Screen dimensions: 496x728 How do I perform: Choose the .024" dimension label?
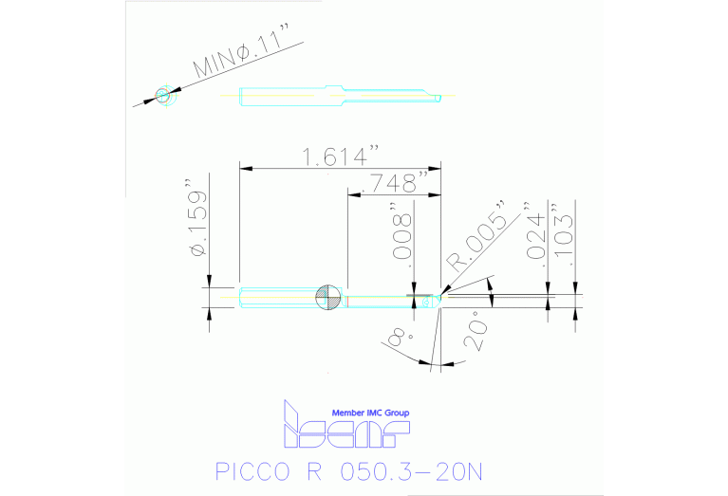(538, 231)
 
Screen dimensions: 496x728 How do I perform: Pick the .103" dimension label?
(566, 231)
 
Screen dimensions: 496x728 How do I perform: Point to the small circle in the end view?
(163, 96)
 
